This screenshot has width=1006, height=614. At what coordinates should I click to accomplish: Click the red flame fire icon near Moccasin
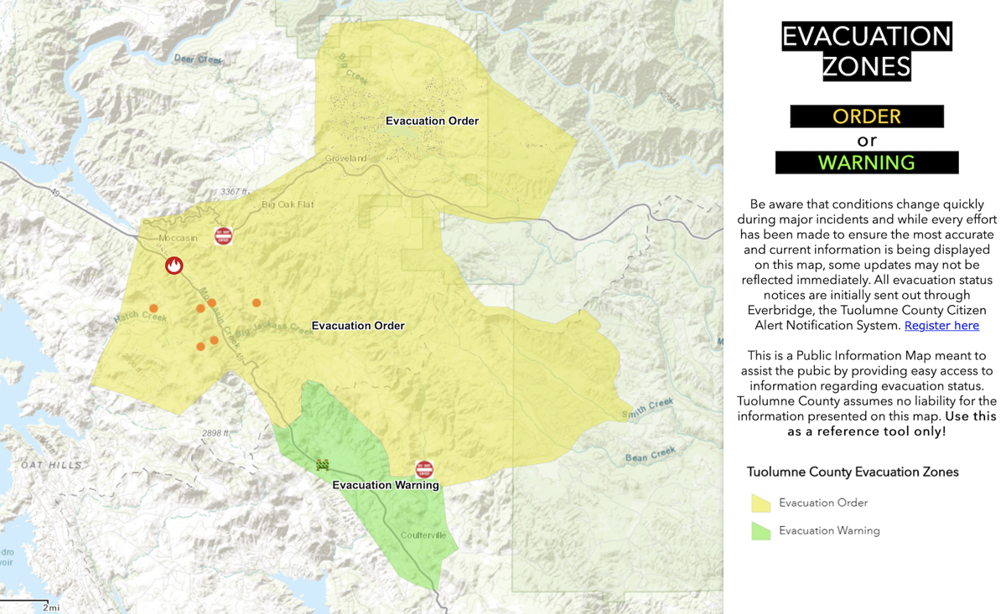[x=174, y=266]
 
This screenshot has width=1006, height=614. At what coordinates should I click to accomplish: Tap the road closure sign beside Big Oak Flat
[x=223, y=236]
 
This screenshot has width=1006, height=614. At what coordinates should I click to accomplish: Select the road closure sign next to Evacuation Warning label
[x=425, y=469]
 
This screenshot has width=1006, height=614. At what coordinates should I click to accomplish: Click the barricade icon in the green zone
[x=322, y=465]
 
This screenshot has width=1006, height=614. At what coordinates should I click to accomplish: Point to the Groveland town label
[x=345, y=158]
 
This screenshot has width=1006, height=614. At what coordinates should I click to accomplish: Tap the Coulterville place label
[x=423, y=535]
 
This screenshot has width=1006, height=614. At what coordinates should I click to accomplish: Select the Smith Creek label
[x=648, y=408]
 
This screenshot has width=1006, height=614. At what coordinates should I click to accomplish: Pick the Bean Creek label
[x=650, y=455]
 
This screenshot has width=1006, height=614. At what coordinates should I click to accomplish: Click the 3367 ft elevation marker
[x=235, y=192]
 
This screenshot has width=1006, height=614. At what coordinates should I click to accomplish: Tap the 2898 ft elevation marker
[x=215, y=433]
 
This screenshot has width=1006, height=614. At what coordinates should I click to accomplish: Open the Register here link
[x=941, y=325]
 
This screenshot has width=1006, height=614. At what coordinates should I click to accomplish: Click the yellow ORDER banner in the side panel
[x=867, y=116]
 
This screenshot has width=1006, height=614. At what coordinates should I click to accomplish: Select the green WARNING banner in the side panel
[x=867, y=163]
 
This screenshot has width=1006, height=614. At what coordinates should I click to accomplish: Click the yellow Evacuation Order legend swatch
[x=760, y=503]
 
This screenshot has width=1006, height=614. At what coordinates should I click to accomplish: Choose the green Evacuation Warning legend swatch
[x=760, y=530]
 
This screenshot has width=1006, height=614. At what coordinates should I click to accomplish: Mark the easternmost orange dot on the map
[x=257, y=303]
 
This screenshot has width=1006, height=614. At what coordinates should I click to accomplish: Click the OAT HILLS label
[x=52, y=465]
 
